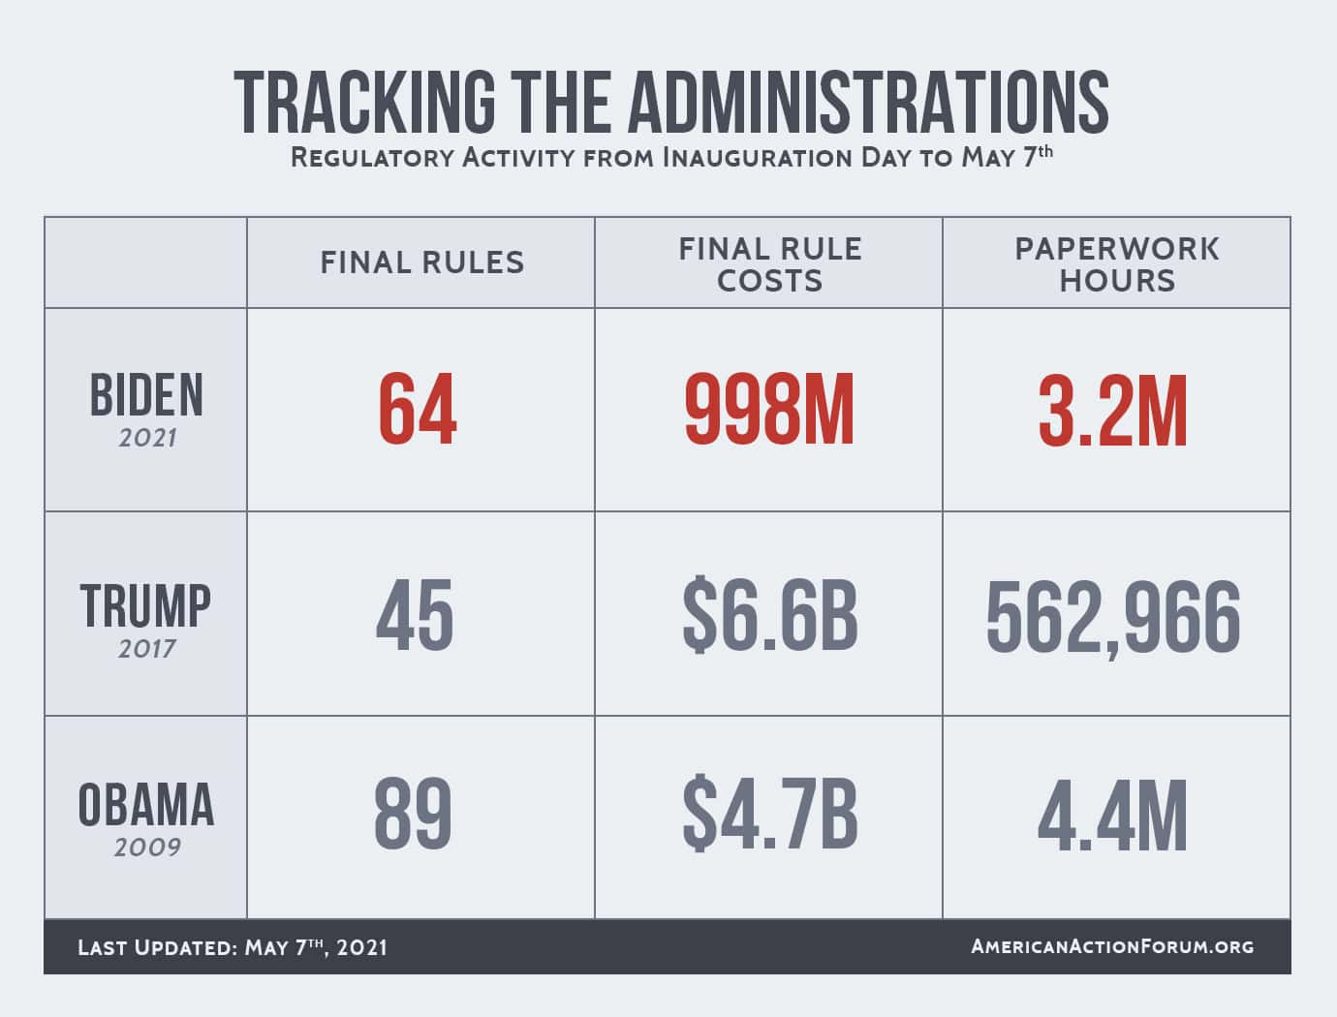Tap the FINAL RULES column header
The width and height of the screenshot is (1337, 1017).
pyautogui.click(x=421, y=262)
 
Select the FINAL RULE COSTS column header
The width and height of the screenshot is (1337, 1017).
pyautogui.click(x=769, y=264)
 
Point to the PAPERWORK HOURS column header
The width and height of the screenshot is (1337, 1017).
pyautogui.click(x=1116, y=264)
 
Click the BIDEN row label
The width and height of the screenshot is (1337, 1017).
pyautogui.click(x=146, y=395)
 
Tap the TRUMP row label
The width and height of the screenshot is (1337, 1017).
pyautogui.click(x=145, y=606)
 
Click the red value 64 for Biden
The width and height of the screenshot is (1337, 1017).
pyautogui.click(x=417, y=411)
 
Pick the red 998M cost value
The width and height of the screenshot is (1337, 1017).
pyautogui.click(x=769, y=411)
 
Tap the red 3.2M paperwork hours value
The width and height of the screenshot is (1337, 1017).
pyautogui.click(x=1112, y=411)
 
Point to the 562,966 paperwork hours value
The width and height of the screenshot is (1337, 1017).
pyautogui.click(x=1113, y=618)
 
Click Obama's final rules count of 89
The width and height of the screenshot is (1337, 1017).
pyautogui.click(x=414, y=816)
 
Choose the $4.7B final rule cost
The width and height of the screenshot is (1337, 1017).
pyautogui.click(x=769, y=816)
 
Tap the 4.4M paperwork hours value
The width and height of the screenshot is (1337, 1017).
pyautogui.click(x=1112, y=816)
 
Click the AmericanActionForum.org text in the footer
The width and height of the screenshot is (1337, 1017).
pyautogui.click(x=1112, y=946)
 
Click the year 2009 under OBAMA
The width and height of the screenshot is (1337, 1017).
pyautogui.click(x=147, y=847)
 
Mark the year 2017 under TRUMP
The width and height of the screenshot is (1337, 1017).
pyautogui.click(x=147, y=648)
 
